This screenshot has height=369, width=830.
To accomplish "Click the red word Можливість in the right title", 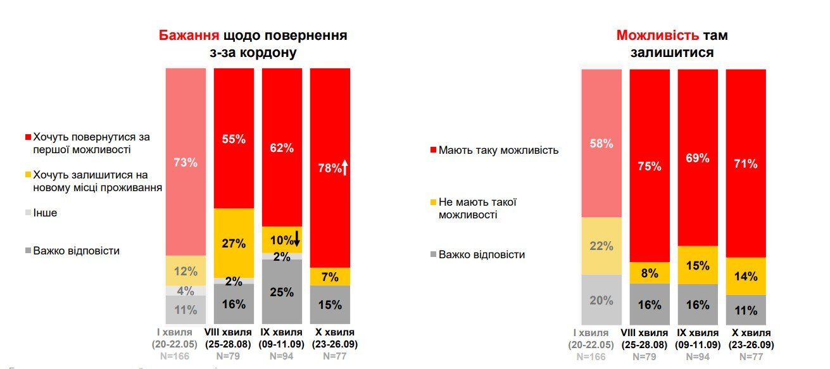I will [x=657, y=35].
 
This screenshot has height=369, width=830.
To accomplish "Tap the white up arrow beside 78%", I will [x=345, y=168].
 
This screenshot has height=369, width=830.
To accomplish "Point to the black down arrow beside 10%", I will [x=296, y=240].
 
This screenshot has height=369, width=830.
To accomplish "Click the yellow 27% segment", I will [x=234, y=242].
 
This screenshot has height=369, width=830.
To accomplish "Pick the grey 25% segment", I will [x=282, y=292].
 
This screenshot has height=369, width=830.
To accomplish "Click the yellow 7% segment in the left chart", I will [x=330, y=277].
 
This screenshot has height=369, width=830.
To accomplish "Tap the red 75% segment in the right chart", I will [x=650, y=166].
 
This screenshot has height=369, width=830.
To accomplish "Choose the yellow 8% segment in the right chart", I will [x=650, y=273].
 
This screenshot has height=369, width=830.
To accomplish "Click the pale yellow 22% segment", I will [x=601, y=246].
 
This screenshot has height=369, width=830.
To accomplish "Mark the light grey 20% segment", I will [x=601, y=301].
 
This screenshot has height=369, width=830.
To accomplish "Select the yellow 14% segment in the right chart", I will [x=746, y=276].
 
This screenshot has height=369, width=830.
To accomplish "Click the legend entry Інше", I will [x=45, y=213].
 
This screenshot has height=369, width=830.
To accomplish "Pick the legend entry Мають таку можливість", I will [x=498, y=151].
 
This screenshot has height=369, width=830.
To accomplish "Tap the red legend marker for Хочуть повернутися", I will [x=27, y=137].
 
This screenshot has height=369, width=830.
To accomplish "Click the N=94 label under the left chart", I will [x=282, y=356].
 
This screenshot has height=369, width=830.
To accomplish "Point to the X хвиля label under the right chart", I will [x=746, y=333].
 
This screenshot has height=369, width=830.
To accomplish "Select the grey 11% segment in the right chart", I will [x=746, y=311].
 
